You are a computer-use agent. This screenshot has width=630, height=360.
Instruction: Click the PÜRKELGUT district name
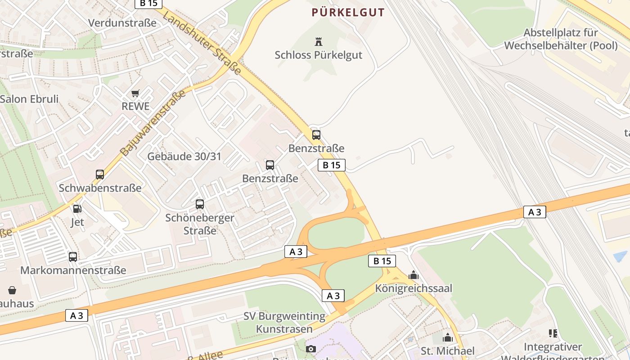tap(349, 13)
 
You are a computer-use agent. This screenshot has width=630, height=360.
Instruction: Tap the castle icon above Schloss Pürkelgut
tap(319, 42)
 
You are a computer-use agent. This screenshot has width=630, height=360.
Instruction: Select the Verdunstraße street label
tap(122, 23)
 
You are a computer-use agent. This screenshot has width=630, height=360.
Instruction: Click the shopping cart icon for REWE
tap(135, 94)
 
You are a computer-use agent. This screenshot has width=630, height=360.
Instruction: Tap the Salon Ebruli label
tap(29, 99)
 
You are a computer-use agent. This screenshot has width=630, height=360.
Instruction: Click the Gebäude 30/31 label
tap(184, 157)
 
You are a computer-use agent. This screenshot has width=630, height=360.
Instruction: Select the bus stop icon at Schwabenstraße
tap(100, 175)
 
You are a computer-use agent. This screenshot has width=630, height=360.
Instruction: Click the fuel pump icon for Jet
tap(77, 209)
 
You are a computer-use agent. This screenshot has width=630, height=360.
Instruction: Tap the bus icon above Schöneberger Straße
tap(200, 204)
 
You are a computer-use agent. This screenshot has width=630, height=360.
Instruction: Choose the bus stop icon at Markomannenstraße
tap(73, 257)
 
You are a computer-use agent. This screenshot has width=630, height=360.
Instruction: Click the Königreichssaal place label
tap(414, 288)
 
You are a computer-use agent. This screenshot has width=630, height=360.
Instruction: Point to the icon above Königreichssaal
tap(414, 275)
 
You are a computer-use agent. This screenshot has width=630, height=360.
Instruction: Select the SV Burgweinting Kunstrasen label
tap(284, 323)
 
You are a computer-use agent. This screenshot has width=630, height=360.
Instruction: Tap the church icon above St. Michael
tap(448, 337)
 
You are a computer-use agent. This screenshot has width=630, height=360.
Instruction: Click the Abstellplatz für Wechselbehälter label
tap(561, 39)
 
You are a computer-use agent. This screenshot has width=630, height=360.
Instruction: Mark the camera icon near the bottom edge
tap(311, 349)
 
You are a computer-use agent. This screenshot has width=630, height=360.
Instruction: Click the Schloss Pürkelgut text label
tap(319, 55)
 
